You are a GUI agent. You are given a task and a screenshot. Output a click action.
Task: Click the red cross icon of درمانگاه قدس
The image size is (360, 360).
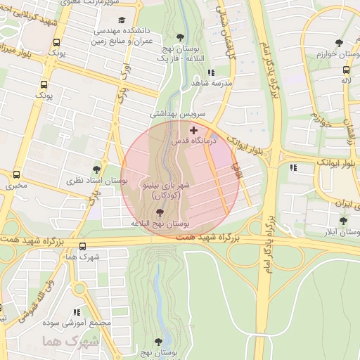click(x=194, y=130)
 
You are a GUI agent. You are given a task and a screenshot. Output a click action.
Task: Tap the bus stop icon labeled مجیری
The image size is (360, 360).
click(x=17, y=174)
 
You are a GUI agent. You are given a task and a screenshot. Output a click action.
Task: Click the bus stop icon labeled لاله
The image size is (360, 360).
click(x=346, y=70)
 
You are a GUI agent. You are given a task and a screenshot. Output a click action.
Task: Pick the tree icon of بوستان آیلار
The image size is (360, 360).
click(x=342, y=219)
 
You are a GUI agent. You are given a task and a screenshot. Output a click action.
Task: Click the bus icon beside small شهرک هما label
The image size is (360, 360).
click(x=83, y=247)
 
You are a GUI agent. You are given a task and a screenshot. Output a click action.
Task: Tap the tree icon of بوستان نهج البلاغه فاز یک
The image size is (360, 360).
click(x=180, y=37)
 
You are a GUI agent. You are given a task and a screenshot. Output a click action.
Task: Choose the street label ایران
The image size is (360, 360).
click(x=342, y=202)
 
